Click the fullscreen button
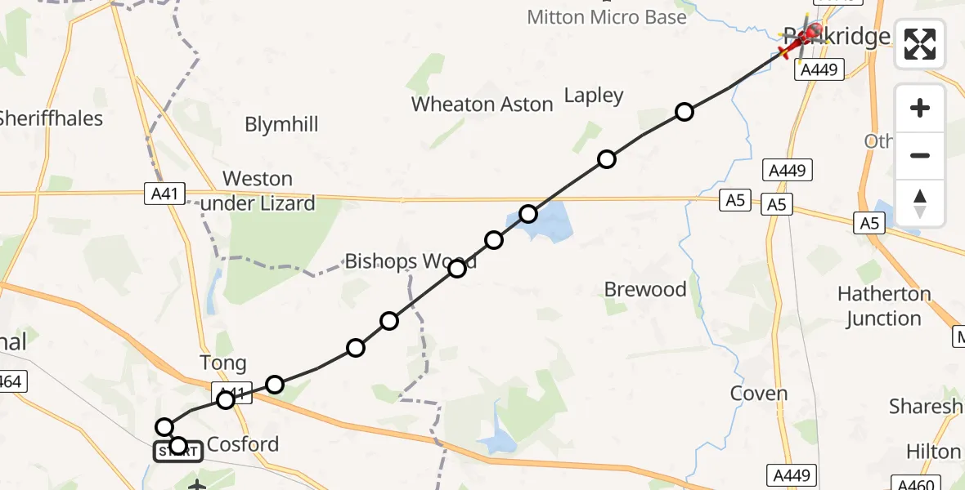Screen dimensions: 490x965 [x=920, y=43]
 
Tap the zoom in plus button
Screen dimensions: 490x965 [x=920, y=108]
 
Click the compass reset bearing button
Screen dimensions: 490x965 [x=920, y=203]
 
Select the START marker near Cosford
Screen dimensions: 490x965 [x=178, y=449]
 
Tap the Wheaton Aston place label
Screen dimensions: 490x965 [x=482, y=105]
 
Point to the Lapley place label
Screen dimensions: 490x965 [x=594, y=96]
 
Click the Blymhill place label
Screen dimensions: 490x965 [x=281, y=125]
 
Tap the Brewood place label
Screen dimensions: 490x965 [x=645, y=289]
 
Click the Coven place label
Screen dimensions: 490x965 [x=759, y=394]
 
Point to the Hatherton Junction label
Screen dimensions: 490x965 [x=884, y=305]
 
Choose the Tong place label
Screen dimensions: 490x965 [x=222, y=363]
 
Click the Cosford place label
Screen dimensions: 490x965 [x=243, y=444]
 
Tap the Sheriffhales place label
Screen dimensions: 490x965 [x=52, y=118]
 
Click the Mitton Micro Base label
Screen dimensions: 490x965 [x=607, y=17]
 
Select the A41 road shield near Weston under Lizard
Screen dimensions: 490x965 [x=164, y=193]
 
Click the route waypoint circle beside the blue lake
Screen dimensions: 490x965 [x=528, y=214]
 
